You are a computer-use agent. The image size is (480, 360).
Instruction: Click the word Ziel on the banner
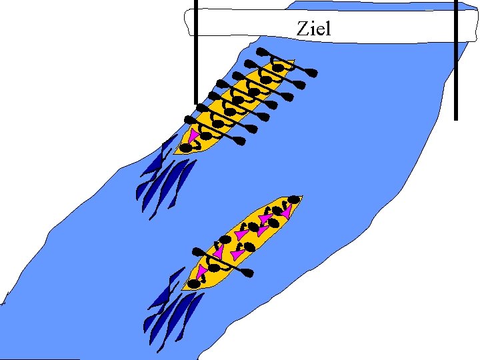pyautogui.click(x=313, y=29)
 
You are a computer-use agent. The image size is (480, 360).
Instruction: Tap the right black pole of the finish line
pyautogui.click(x=456, y=60)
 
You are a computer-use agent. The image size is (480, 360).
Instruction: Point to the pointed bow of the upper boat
pyautogui.click(x=291, y=61)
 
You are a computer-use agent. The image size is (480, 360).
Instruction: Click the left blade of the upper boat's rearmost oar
pyautogui.click(x=189, y=119)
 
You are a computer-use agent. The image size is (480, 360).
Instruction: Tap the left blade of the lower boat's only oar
pyautogui.click(x=199, y=251)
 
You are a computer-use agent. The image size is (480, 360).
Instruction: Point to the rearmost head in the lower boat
pyautogui.click(x=193, y=284)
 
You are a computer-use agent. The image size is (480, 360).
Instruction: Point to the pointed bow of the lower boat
pyautogui.click(x=301, y=197)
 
